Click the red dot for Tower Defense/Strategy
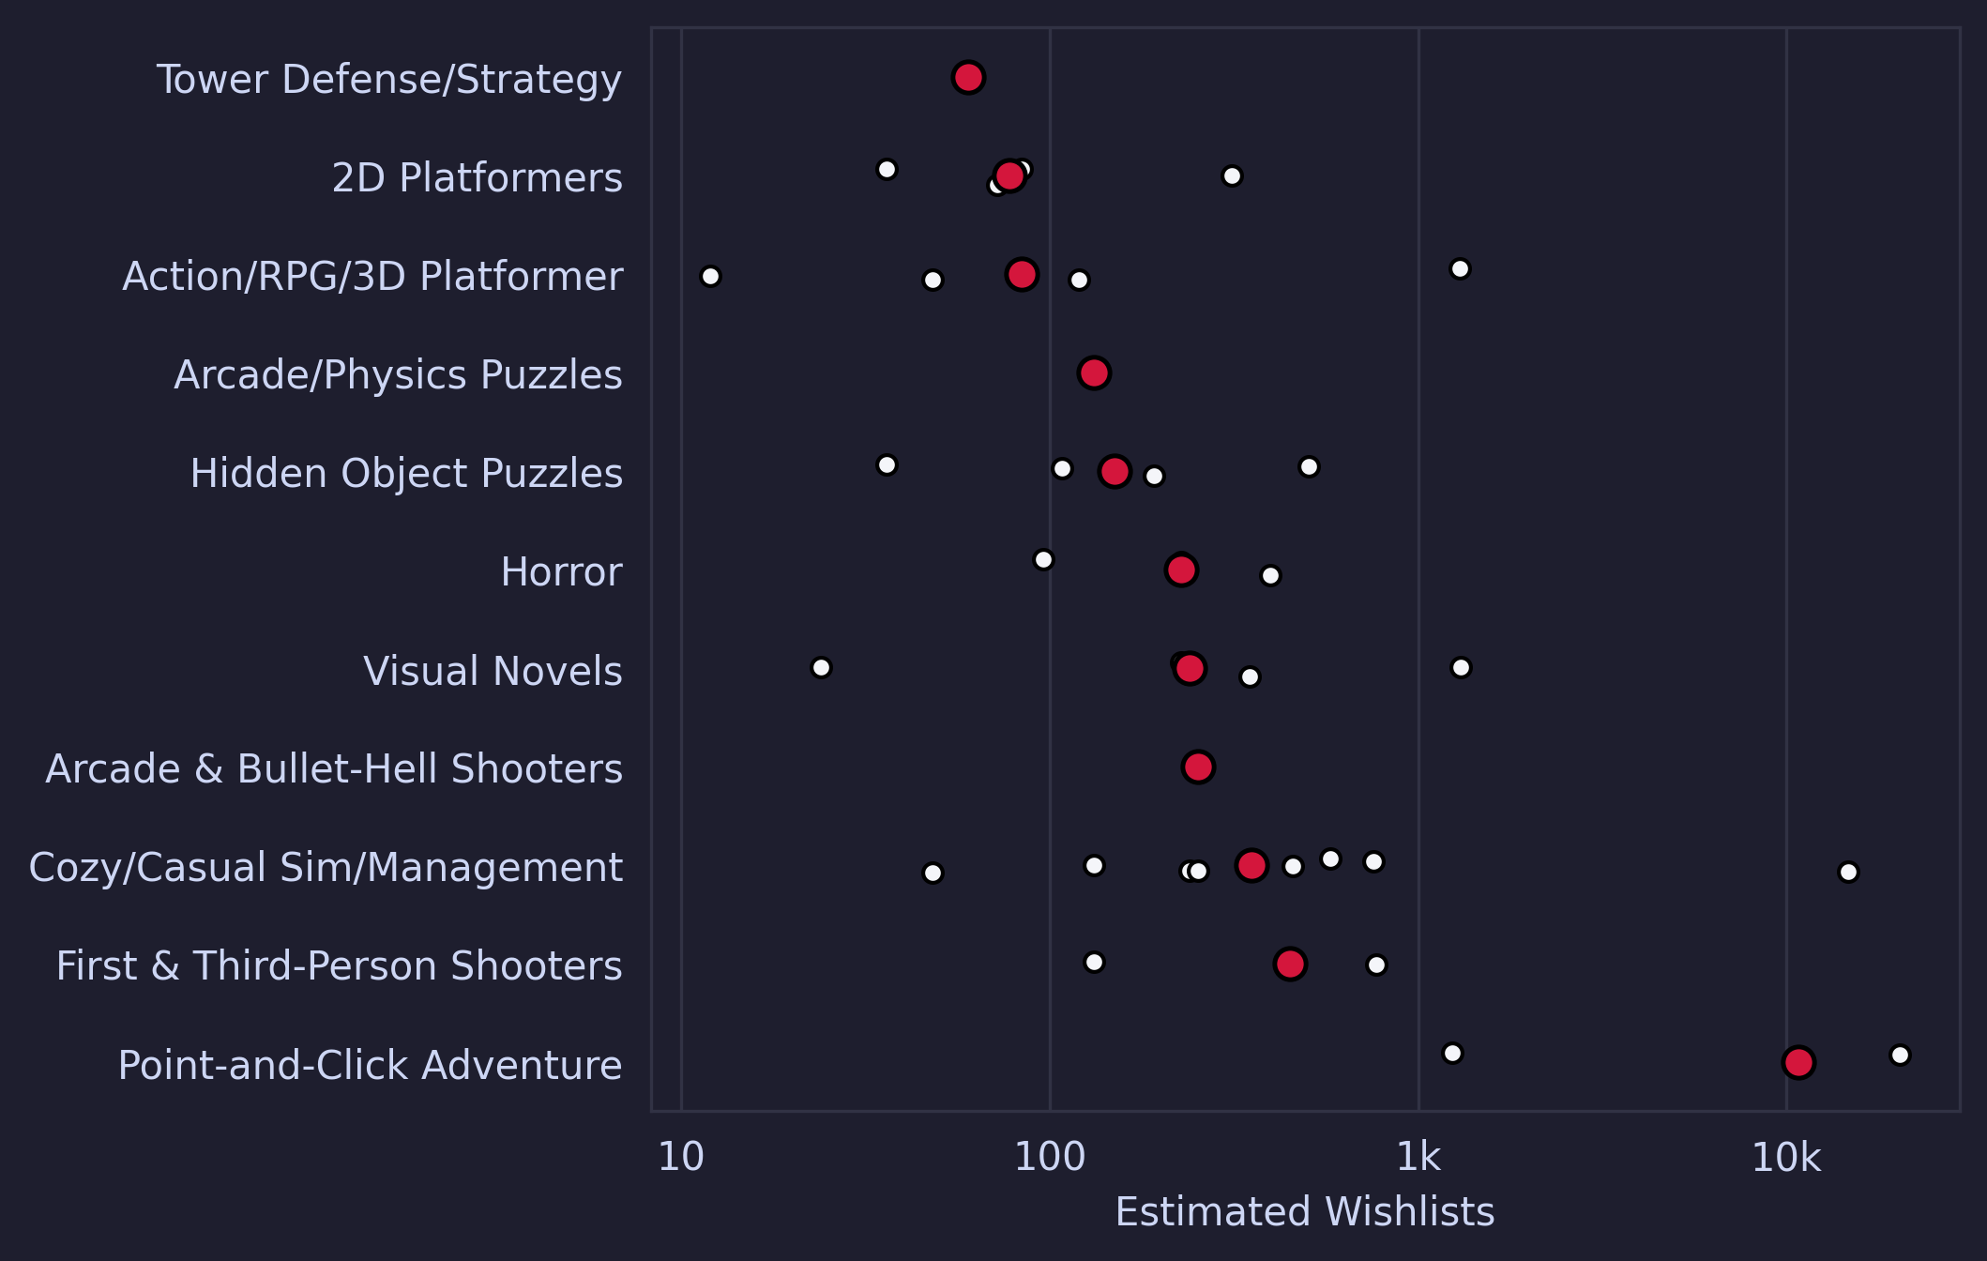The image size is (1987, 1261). pos(968,77)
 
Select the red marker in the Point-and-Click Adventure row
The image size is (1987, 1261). pos(1798,1062)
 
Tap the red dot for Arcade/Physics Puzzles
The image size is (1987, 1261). pos(1094,372)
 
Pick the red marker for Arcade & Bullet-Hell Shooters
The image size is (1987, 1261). pos(1198,767)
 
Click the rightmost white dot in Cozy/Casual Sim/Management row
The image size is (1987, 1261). pos(1848,872)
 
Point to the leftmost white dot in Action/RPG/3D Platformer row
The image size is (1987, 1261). pos(710,276)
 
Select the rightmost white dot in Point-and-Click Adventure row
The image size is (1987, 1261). pos(1900,1055)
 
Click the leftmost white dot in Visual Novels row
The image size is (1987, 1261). pos(821,667)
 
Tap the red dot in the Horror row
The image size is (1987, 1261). pos(1181,570)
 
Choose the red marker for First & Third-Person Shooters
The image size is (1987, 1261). pos(1290,964)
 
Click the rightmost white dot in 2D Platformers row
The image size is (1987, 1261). pos(1232,175)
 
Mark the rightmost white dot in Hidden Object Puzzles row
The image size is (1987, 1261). pos(1309,466)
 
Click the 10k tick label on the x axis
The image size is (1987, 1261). pos(1785,1159)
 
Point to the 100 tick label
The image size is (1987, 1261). pos(1049,1159)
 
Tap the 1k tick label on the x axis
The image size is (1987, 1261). pos(1418,1159)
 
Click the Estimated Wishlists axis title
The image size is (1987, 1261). pos(1304,1212)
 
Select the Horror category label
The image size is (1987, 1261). pos(561,572)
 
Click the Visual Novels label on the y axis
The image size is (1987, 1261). pos(493,672)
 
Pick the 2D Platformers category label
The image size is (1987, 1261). pos(477,178)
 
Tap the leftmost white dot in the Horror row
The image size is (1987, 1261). pos(1043,559)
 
